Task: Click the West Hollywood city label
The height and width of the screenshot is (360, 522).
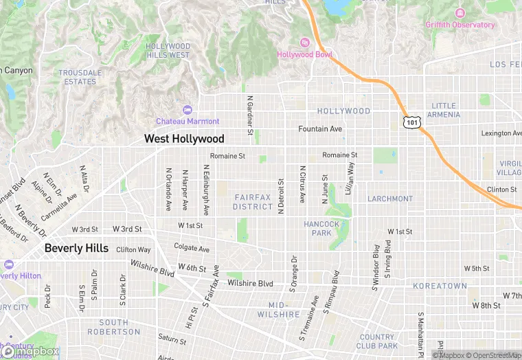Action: (184, 139)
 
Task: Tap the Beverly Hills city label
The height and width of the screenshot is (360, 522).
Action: (76, 248)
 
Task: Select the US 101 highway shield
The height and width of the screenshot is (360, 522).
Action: (410, 122)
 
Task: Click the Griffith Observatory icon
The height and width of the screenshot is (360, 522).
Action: (459, 13)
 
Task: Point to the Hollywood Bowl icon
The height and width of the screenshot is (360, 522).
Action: (304, 43)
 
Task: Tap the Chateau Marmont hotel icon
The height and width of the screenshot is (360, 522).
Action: (188, 109)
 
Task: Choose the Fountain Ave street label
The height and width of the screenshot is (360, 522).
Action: (319, 129)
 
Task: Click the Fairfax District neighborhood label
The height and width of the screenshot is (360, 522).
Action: (253, 202)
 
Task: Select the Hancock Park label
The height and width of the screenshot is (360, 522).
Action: (321, 228)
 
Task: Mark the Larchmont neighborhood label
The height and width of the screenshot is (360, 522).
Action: (390, 199)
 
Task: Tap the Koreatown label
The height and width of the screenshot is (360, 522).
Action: (440, 286)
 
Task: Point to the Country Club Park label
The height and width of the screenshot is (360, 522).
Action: (376, 341)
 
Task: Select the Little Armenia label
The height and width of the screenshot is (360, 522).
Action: (444, 110)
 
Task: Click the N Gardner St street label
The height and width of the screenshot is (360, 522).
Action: (251, 115)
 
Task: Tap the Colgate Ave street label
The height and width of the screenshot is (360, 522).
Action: (192, 249)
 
